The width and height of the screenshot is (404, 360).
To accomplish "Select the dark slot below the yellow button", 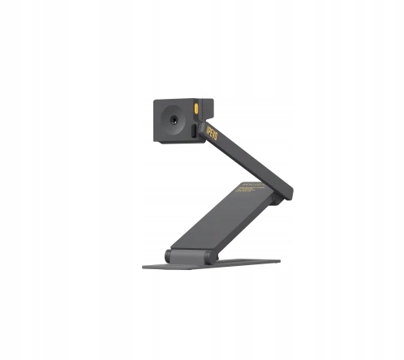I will pyautogui.click(x=191, y=130).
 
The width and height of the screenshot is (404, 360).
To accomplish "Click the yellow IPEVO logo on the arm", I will pyautogui.click(x=213, y=129).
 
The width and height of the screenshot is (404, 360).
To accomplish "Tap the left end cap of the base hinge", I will pyautogui.click(x=168, y=255).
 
